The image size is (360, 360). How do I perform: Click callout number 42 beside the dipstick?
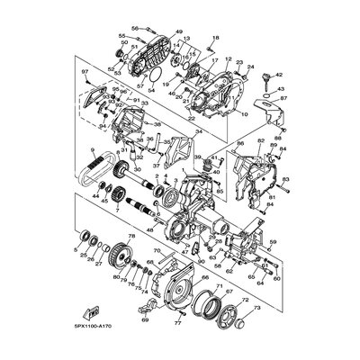tap(280, 76)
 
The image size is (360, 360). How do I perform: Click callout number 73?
tap(259, 307)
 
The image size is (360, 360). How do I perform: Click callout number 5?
tap(74, 247)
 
